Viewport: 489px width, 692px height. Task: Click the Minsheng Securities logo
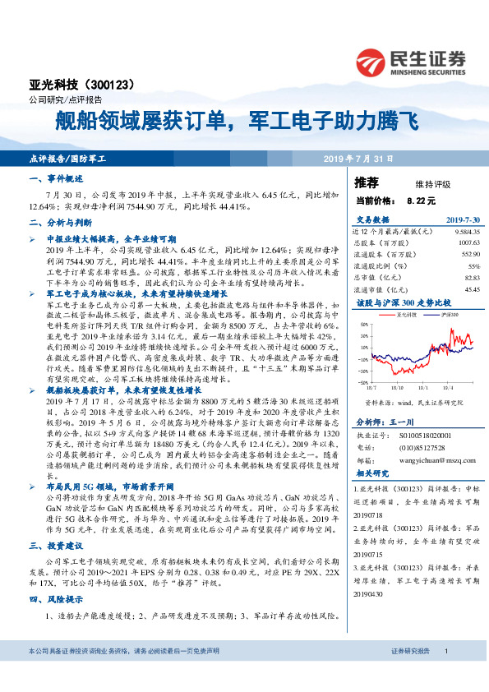click(409, 61)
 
